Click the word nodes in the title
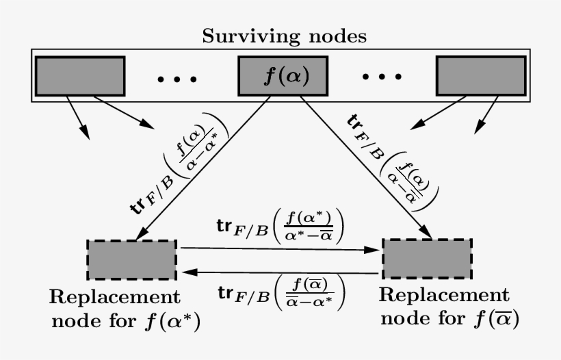coord(332,36)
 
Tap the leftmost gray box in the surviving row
coord(79,75)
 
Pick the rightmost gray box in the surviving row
coord(481,75)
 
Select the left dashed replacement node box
coord(131,260)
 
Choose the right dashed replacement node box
coord(427,257)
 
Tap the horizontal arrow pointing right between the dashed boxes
coord(280,250)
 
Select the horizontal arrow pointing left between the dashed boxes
coord(280,272)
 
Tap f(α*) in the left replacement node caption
coord(182,320)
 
